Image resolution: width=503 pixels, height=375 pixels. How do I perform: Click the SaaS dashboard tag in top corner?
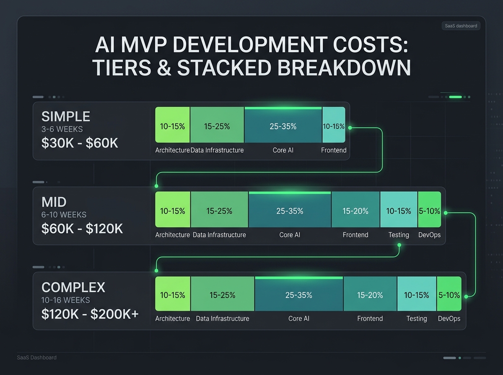461,26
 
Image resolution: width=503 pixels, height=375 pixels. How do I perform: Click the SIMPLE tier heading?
66,116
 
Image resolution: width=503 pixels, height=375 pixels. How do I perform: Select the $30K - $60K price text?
80,143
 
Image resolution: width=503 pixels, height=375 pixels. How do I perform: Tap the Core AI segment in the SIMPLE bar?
283,126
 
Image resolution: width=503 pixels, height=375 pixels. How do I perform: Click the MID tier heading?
54,202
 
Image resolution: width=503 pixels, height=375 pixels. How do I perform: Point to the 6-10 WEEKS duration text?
64,215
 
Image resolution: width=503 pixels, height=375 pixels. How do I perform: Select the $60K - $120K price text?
82,229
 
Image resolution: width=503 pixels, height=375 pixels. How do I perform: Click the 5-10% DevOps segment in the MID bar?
430,211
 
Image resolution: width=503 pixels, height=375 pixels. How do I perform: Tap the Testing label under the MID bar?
399,235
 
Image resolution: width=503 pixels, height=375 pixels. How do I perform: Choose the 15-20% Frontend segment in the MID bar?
355,211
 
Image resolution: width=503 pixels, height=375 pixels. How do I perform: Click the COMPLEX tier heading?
73,288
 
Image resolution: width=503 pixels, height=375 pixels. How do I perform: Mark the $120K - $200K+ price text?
90,314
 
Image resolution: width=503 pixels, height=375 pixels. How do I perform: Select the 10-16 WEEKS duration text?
66,300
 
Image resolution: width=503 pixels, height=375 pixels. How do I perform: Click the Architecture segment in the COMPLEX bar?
173,295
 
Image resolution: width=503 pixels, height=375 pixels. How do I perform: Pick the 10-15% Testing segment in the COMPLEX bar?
417,295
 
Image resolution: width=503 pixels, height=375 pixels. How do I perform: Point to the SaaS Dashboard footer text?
37,357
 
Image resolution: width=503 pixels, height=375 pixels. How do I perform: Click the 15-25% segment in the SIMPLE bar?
217,126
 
